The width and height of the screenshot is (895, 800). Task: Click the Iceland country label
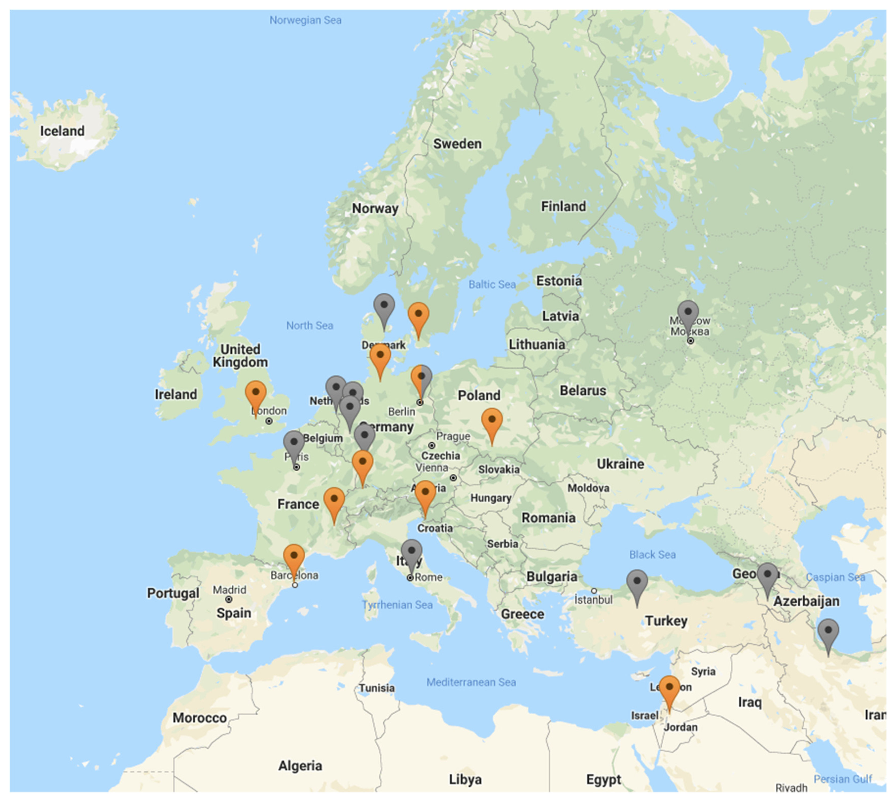[62, 131]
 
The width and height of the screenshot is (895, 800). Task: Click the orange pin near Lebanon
[669, 688]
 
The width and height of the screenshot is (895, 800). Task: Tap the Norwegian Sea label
[305, 20]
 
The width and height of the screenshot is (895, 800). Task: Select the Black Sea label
[652, 555]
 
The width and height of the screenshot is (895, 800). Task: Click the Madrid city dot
[229, 599]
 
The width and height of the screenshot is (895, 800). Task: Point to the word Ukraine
[620, 464]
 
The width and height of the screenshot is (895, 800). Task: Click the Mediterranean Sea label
[471, 682]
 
